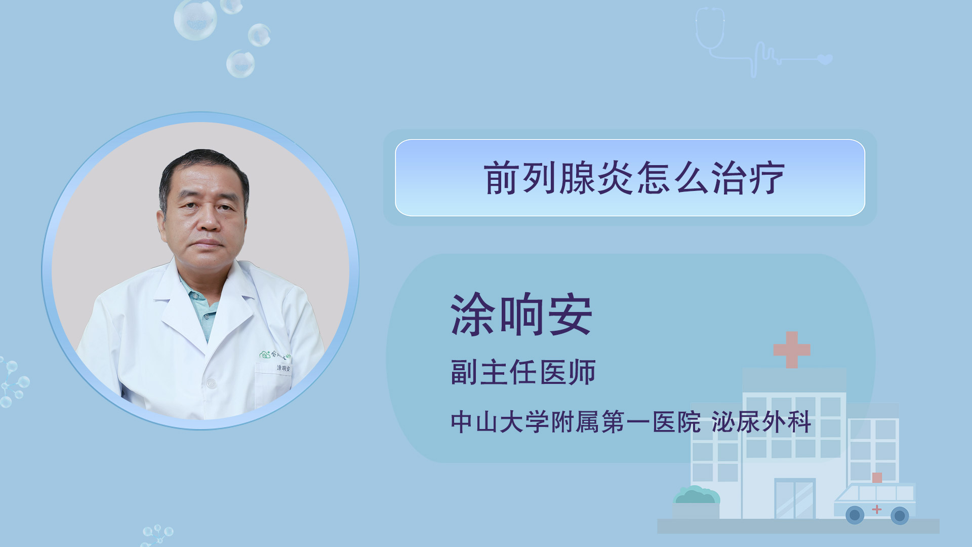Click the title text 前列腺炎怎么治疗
pos(634,178)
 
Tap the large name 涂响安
pos(521,315)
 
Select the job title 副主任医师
pos(523,372)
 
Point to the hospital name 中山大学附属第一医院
pos(576,422)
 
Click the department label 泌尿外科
pos(761,422)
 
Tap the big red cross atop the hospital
pos(792,349)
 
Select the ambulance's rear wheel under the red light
pos(900,516)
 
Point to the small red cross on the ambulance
pos(877,509)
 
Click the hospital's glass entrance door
pos(795,498)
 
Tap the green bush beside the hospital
pos(696,495)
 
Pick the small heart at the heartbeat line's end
pos(825,59)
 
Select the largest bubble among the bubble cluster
pos(195,19)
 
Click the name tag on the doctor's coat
pos(283,368)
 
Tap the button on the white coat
pos(211,384)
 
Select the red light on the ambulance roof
pos(877,478)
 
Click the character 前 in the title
pos(501,178)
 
